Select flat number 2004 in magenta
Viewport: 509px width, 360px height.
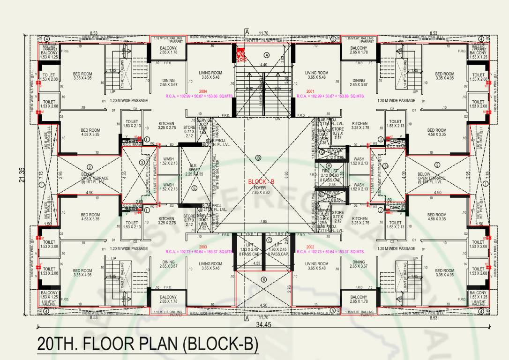tap(203, 91)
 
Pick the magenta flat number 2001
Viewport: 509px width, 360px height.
tap(310, 91)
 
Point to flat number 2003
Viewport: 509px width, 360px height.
tap(203, 247)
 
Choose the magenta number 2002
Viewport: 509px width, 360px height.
tap(310, 247)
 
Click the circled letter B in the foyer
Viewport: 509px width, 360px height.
tap(258, 158)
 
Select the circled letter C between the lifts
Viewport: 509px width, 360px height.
tap(269, 240)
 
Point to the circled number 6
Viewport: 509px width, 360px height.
tap(263, 280)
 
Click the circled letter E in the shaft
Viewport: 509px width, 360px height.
tap(195, 188)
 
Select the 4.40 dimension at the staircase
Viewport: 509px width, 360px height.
tap(264, 65)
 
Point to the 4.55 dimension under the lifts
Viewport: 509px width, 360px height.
tap(257, 263)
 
